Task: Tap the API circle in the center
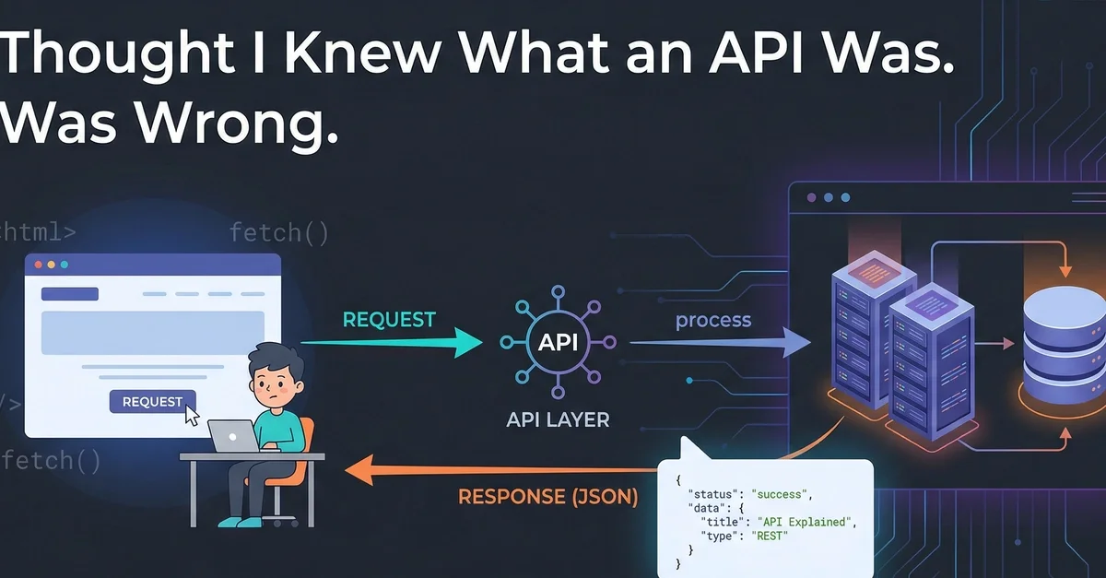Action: (558, 342)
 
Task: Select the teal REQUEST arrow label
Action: (388, 320)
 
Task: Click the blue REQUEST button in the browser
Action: (152, 401)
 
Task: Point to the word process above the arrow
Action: (713, 321)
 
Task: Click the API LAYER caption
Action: (558, 419)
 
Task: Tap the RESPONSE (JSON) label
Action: (547, 497)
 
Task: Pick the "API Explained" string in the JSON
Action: (816, 522)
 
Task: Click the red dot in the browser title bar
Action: (38, 265)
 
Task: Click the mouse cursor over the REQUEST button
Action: (192, 415)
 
